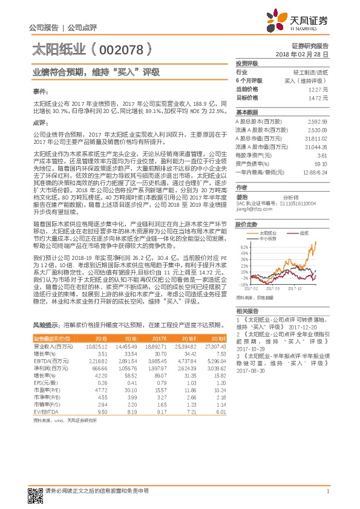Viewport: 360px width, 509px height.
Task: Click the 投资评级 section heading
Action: pyautogui.click(x=247, y=63)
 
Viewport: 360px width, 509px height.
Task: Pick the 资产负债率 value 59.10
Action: pyautogui.click(x=321, y=163)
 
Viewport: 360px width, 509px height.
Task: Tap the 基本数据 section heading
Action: pyautogui.click(x=247, y=112)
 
